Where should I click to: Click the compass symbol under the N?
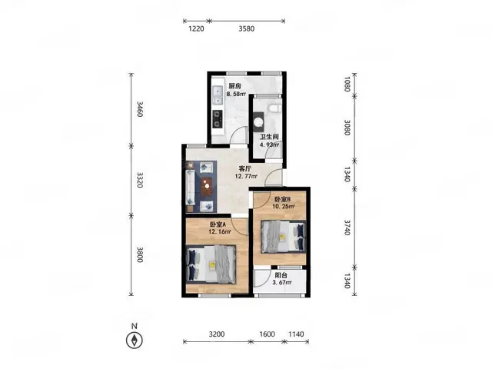click(135, 340)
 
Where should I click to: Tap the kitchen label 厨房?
click(234, 86)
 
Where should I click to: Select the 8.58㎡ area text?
click(236, 94)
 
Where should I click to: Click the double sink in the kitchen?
click(218, 95)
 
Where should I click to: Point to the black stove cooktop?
click(218, 119)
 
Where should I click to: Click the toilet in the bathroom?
click(275, 108)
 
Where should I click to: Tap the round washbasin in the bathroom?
click(259, 121)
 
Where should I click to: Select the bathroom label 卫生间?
click(269, 137)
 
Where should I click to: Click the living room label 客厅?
click(245, 169)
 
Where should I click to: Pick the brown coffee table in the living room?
click(207, 187)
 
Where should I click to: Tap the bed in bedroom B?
click(284, 237)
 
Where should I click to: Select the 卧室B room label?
click(283, 199)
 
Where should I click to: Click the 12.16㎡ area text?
click(220, 232)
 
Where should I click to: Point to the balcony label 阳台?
click(281, 275)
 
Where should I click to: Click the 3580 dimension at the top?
click(247, 28)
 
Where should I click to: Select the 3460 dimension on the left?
click(140, 109)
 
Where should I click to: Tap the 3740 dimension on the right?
click(347, 228)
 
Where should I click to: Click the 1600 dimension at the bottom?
click(268, 334)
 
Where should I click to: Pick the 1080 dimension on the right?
click(347, 84)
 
